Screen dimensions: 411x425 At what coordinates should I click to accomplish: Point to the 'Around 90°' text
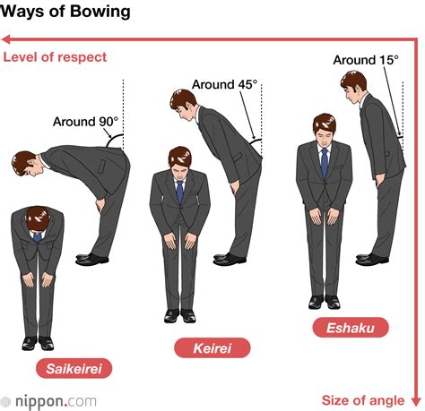pyautogui.click(x=84, y=122)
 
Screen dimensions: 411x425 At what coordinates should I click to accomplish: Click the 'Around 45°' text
pyautogui.click(x=224, y=86)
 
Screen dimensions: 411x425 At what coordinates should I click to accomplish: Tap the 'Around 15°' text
pyautogui.click(x=366, y=60)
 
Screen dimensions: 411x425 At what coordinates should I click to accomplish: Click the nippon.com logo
pyautogui.click(x=47, y=400)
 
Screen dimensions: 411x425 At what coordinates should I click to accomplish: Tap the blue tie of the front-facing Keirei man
pyautogui.click(x=180, y=191)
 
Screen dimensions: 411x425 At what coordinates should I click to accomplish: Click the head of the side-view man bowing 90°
pyautogui.click(x=24, y=163)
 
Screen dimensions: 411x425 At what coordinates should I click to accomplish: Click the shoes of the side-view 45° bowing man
pyautogui.click(x=229, y=259)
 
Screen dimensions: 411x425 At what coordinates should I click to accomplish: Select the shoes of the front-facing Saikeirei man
pyautogui.click(x=38, y=343)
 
